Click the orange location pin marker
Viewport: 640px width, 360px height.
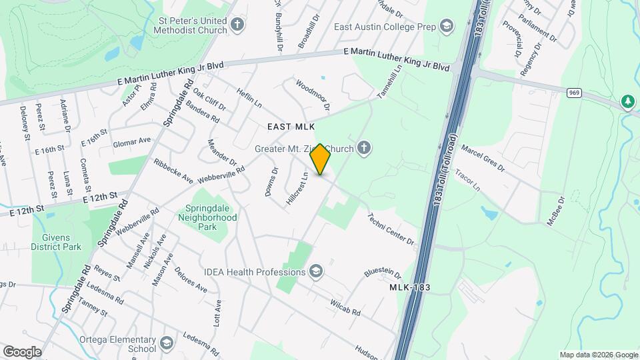pos(321,159)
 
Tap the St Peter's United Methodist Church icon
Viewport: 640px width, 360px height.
pos(238,26)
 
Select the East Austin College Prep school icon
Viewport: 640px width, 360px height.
pos(446,27)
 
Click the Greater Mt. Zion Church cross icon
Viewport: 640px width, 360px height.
pos(363,148)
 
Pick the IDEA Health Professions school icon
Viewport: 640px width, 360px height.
pos(316,271)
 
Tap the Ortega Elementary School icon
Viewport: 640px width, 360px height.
pos(165,343)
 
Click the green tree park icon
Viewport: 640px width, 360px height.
pos(627,101)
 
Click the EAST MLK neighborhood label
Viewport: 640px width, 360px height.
pos(291,126)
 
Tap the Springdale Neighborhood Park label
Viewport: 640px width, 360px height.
pos(207,217)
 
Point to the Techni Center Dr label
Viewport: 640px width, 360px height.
pos(391,229)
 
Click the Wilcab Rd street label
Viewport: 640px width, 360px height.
pos(345,307)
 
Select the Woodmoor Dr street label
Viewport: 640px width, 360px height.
pos(313,95)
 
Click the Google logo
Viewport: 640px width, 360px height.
pos(22,351)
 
